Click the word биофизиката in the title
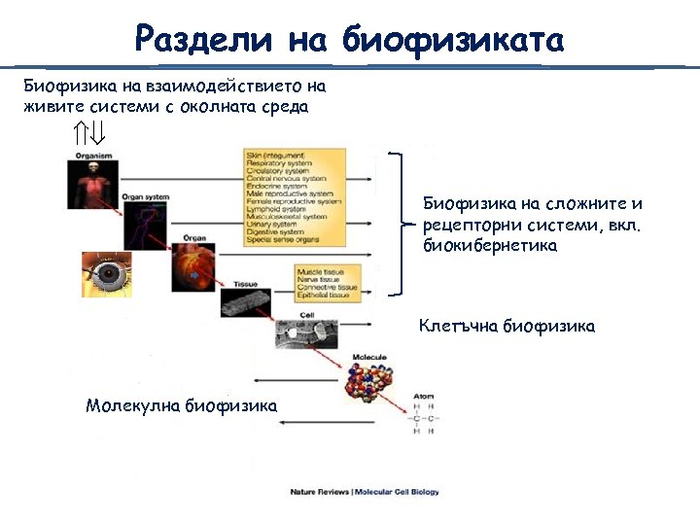point(452,41)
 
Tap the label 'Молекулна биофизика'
point(181,404)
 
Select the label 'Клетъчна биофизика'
point(507,327)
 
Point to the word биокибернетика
point(490,247)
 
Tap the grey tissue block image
point(244,302)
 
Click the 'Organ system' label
point(145,197)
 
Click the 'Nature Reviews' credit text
point(316,492)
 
